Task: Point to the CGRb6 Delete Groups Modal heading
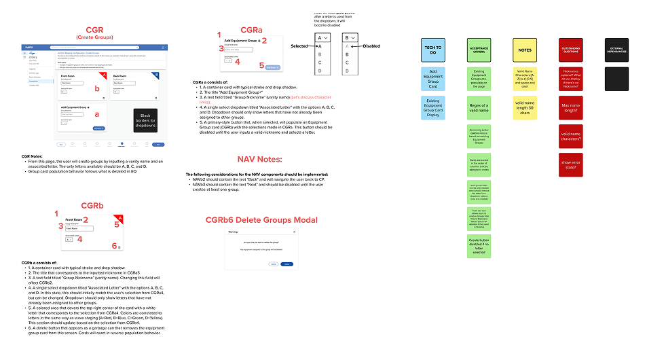261,219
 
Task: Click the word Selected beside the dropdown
299,46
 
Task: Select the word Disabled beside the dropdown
372,46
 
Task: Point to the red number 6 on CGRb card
115,246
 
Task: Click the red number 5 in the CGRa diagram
261,65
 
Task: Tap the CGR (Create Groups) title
94,32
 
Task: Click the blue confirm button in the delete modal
287,264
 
